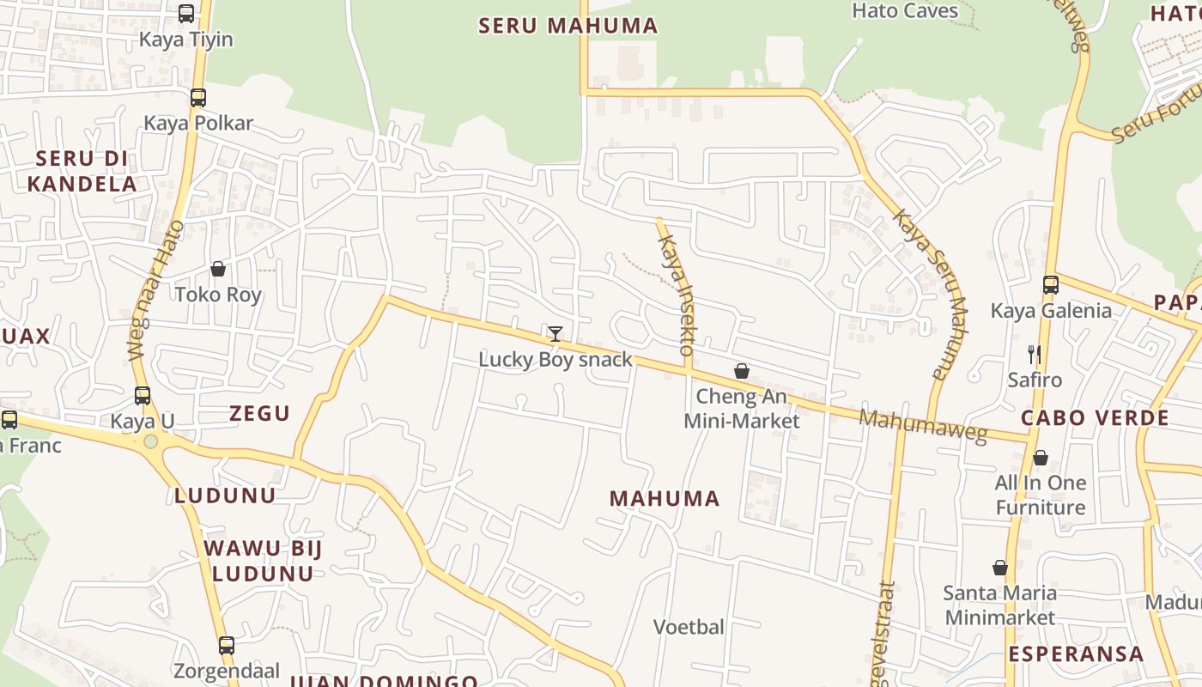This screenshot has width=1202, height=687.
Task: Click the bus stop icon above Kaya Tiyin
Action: click(x=186, y=13)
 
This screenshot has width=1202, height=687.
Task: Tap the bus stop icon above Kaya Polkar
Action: click(x=198, y=97)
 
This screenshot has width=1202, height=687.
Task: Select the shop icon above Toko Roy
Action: click(x=218, y=269)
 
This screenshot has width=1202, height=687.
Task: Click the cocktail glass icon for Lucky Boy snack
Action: click(x=555, y=333)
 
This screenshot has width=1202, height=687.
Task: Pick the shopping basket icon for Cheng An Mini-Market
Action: click(x=742, y=371)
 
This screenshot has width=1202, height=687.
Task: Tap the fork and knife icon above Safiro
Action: click(x=1035, y=354)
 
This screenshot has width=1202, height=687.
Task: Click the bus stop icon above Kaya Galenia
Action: click(x=1051, y=285)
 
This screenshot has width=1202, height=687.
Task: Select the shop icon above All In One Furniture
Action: click(x=1041, y=457)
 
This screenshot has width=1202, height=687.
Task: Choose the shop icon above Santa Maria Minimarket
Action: click(x=1000, y=568)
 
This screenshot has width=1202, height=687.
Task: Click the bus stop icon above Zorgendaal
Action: click(x=227, y=645)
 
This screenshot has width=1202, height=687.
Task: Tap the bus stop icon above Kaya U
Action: click(x=143, y=396)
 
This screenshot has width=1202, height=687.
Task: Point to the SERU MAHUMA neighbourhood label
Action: click(x=568, y=26)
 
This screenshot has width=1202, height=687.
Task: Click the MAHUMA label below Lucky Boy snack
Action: click(x=665, y=499)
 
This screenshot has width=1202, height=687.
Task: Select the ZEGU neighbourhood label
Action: click(x=260, y=414)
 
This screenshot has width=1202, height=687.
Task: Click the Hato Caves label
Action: click(x=905, y=11)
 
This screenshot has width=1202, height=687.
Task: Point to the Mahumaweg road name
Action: click(x=924, y=426)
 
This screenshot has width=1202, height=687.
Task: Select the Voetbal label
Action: click(x=689, y=627)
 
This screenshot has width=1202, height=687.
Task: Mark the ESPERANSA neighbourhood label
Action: click(x=1077, y=654)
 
